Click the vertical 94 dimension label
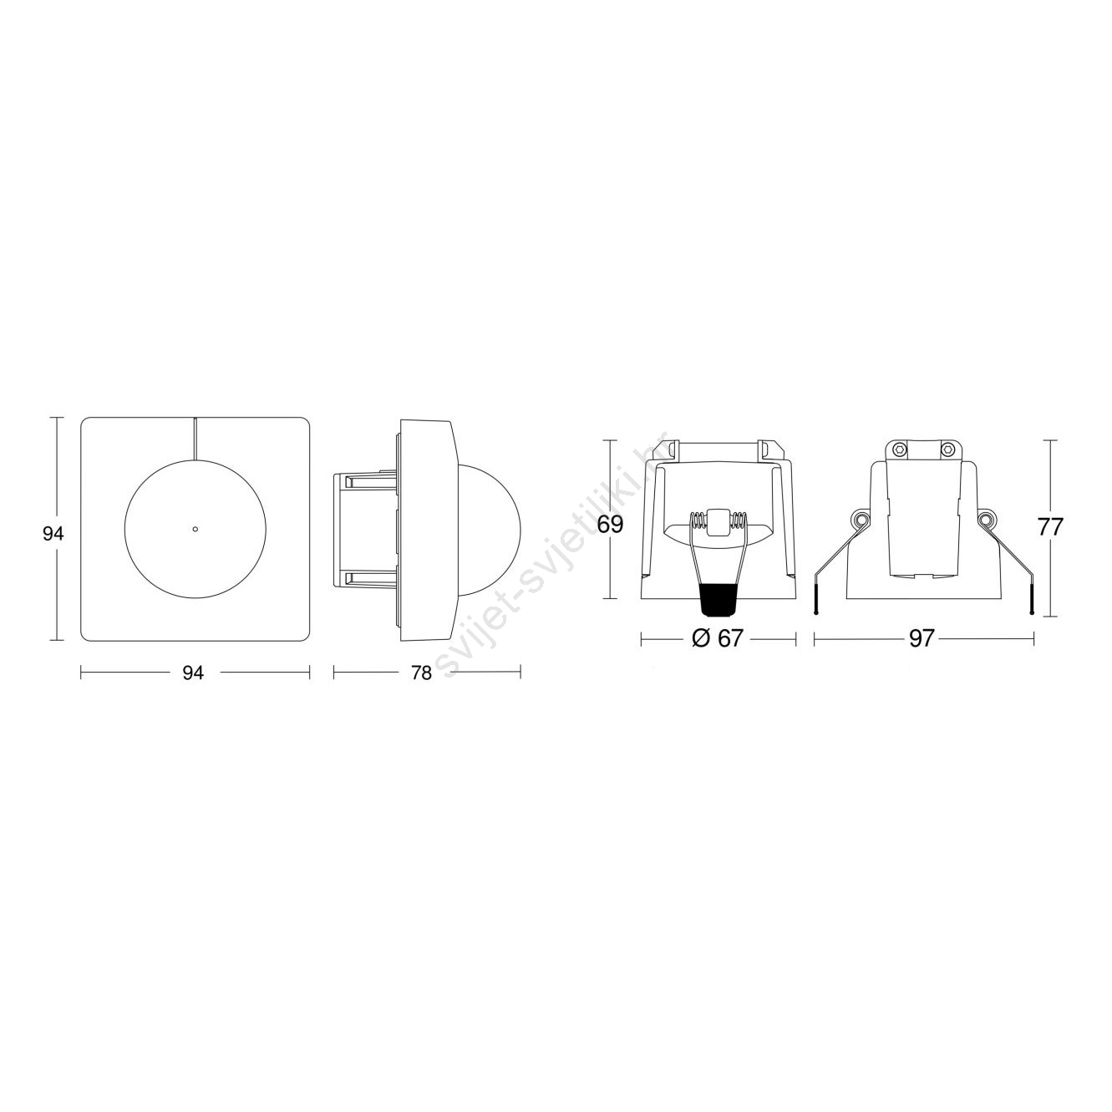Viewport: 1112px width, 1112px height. [53, 535]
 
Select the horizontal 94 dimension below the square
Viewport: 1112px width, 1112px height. [193, 673]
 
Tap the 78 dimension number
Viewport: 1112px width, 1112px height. [421, 673]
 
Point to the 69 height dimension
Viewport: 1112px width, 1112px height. [610, 525]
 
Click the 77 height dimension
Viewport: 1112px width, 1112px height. [1050, 527]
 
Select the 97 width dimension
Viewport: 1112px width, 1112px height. [921, 638]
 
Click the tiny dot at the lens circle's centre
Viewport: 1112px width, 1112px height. [195, 529]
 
